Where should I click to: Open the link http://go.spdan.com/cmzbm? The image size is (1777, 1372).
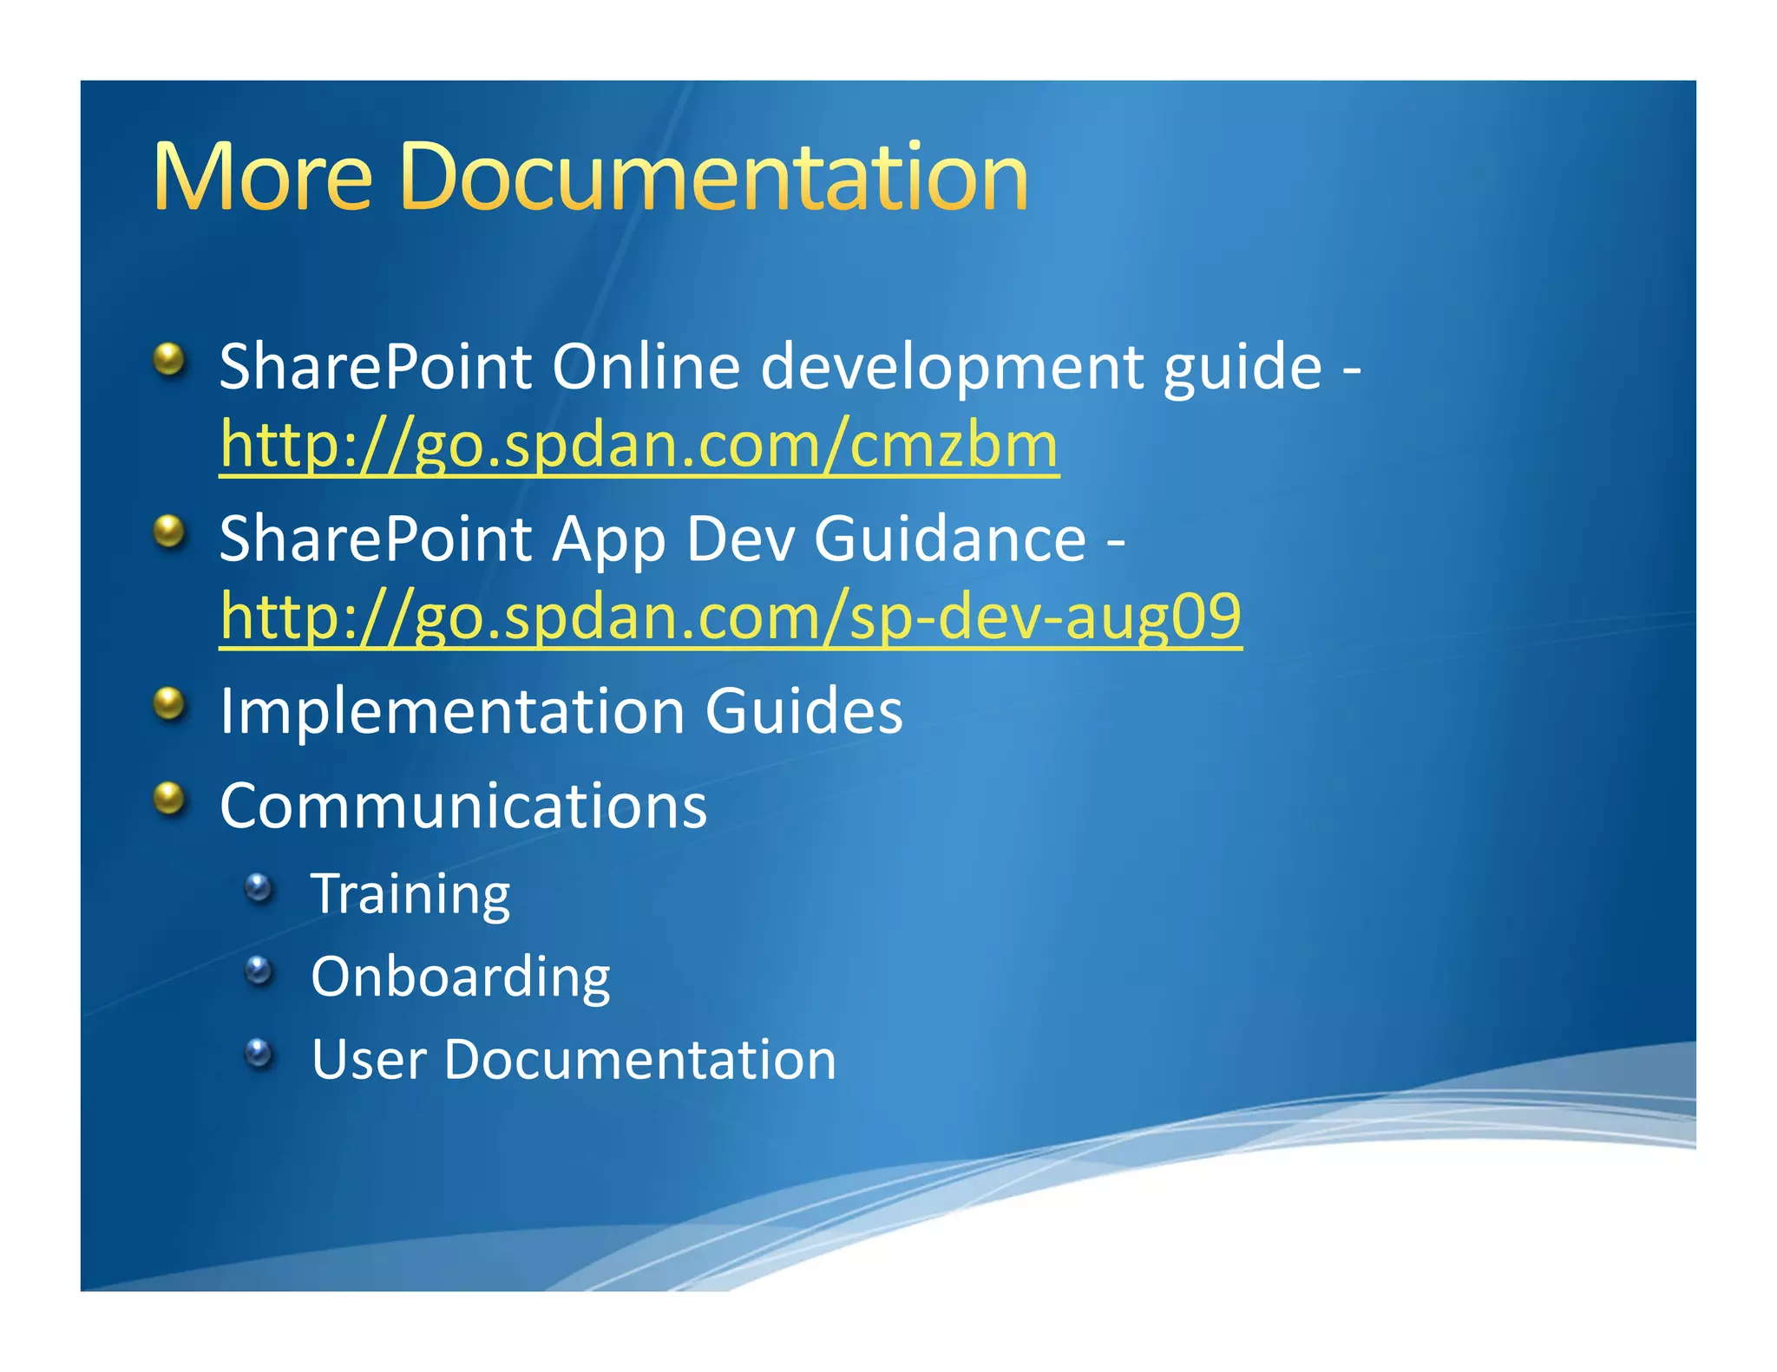[x=639, y=445]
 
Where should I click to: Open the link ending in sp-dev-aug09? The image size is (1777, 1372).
[x=731, y=617]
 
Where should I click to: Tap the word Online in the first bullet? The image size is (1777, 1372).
[x=646, y=367]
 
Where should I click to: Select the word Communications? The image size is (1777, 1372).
[x=463, y=807]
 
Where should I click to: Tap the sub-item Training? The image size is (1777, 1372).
[x=410, y=895]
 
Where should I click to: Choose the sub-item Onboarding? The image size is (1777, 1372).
[x=460, y=978]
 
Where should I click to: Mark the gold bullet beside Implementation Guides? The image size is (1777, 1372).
[x=170, y=704]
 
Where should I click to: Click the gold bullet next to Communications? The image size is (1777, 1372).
[x=170, y=799]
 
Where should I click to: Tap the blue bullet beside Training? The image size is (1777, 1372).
[x=259, y=887]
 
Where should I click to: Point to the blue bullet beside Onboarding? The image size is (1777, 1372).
[x=259, y=970]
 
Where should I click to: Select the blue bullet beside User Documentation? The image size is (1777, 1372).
[x=259, y=1053]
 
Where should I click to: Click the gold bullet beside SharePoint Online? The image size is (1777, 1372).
[x=170, y=359]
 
